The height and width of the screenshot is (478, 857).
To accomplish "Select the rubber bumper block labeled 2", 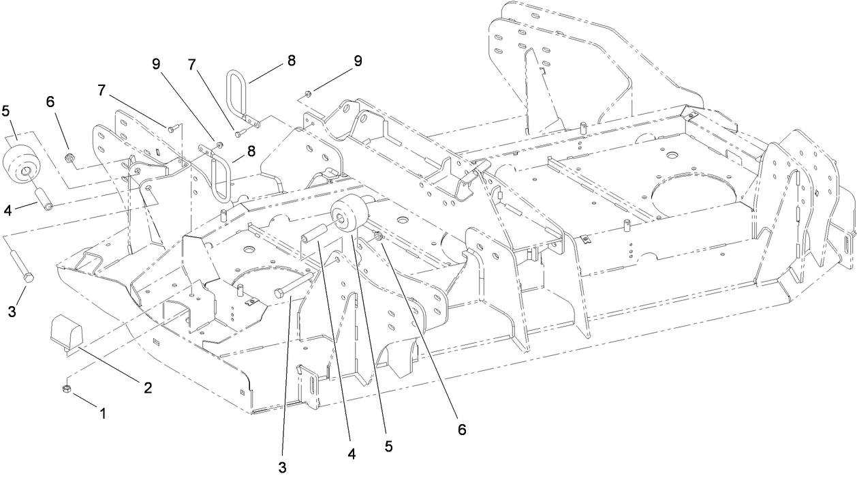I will tap(67, 335).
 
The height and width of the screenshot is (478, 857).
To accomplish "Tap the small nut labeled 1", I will tap(67, 389).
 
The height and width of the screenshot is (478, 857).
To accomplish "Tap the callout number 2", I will tap(146, 387).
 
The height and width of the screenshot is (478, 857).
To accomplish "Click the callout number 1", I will tap(103, 413).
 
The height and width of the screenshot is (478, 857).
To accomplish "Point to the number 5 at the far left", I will tap(7, 110).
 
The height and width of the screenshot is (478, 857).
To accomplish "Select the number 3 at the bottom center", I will tap(282, 468).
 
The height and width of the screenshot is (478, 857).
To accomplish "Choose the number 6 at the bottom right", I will tap(462, 430).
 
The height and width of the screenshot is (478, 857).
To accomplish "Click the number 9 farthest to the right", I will tap(358, 60).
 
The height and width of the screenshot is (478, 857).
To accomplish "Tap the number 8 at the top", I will tap(292, 60).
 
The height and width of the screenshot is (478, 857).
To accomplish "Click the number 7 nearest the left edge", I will tap(102, 90).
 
